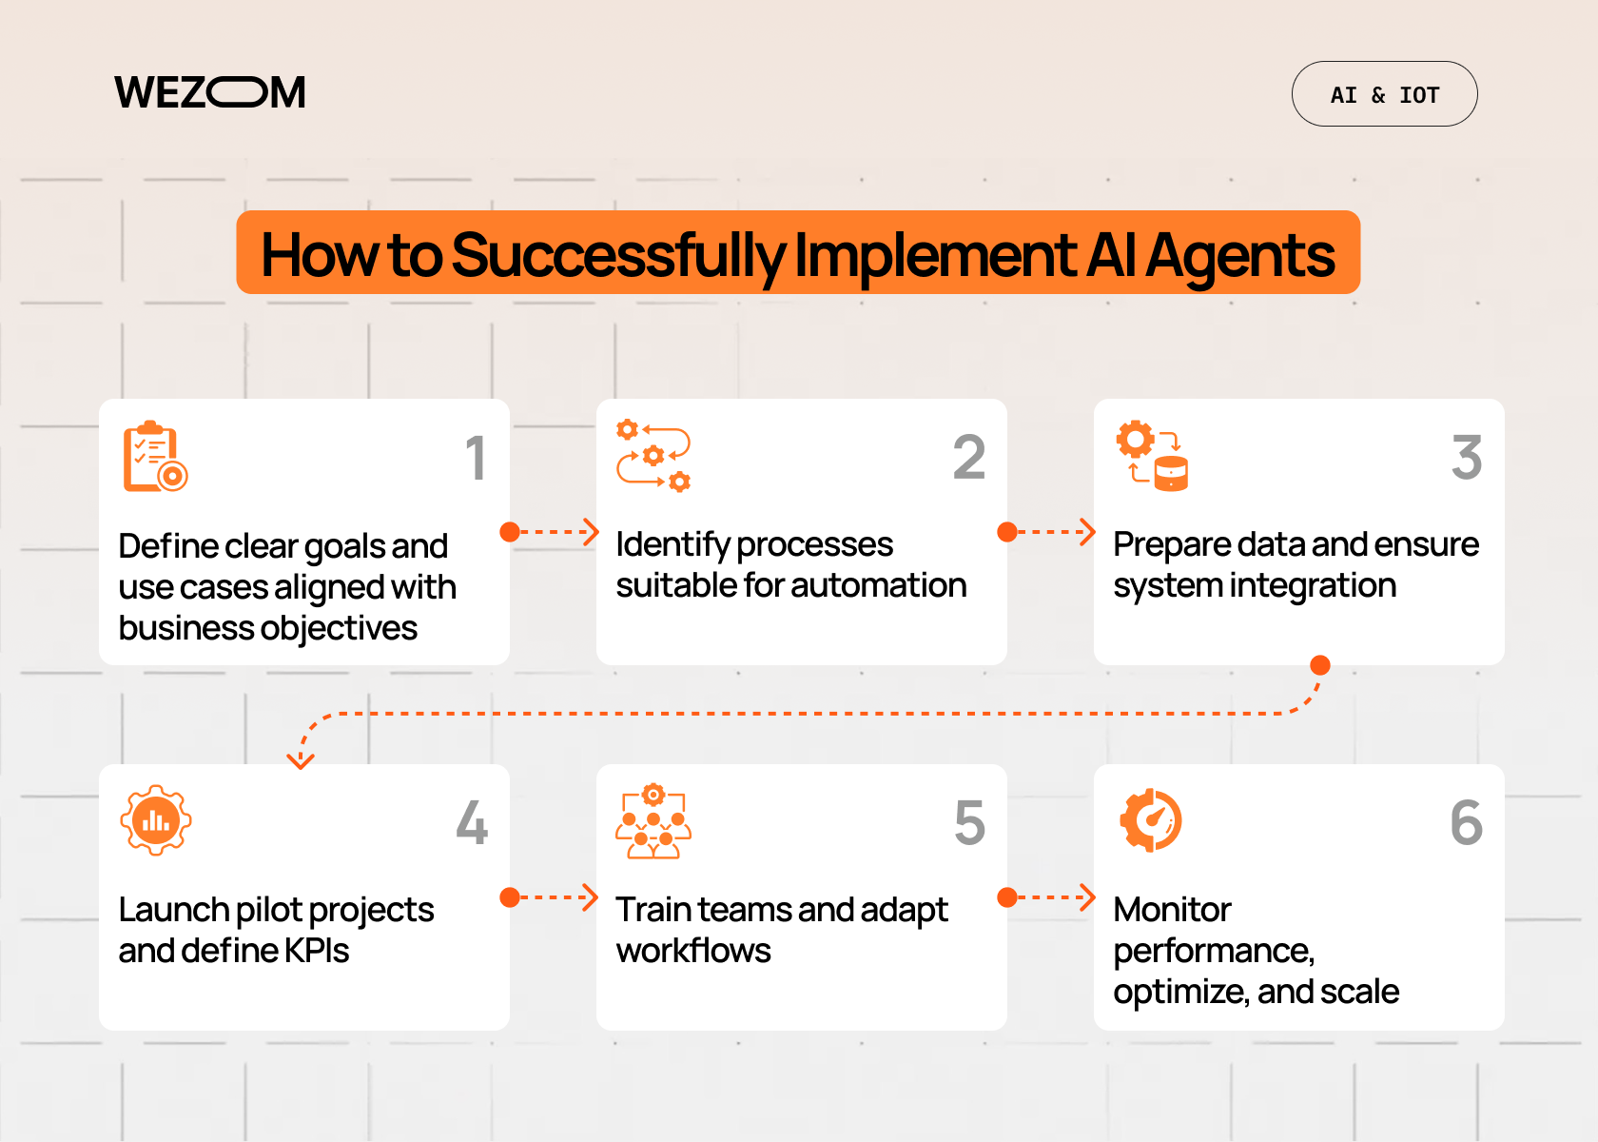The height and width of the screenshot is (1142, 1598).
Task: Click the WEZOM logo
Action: [210, 92]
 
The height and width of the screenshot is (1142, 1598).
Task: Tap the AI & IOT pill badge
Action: [1384, 94]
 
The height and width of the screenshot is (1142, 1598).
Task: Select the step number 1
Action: [476, 458]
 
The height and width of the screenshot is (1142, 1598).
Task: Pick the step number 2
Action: [969, 458]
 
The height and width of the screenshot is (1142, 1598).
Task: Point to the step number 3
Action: [1467, 458]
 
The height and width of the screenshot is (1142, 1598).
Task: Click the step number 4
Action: [472, 823]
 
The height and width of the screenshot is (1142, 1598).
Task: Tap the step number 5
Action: [969, 823]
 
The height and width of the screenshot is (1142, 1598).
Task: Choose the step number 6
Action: [1467, 823]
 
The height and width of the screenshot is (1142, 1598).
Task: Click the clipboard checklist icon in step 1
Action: [155, 457]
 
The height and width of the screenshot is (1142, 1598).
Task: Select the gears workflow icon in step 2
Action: [653, 456]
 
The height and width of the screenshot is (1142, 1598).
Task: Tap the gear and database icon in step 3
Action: [1152, 456]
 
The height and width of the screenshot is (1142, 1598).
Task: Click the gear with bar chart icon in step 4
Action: [156, 820]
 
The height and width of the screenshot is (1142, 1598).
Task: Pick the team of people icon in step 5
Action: [653, 821]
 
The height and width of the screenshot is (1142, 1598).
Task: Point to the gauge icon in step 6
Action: [1151, 820]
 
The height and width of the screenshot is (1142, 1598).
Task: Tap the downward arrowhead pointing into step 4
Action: [301, 760]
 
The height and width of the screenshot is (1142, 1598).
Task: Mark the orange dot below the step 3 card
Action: [1320, 664]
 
